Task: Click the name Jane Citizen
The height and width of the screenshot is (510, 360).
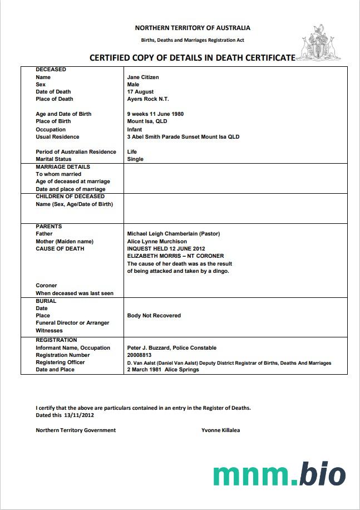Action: [143, 77]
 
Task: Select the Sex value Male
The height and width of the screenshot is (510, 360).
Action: [133, 85]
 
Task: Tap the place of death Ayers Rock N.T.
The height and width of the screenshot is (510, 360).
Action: [148, 99]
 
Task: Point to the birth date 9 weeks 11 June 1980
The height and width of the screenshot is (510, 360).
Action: [155, 114]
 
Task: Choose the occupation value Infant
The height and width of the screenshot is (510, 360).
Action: [135, 129]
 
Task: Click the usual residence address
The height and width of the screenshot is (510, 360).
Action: [183, 137]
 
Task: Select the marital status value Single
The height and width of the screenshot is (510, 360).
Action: [135, 159]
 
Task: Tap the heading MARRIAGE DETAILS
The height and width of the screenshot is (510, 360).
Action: [63, 167]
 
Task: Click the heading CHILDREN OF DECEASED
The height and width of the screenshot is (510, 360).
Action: [70, 197]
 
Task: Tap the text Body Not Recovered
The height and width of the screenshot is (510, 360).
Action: [154, 316]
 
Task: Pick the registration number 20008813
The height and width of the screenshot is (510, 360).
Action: [140, 355]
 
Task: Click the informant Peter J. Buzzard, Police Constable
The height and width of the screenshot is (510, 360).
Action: [172, 348]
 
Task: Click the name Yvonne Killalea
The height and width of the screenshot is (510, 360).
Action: [221, 430]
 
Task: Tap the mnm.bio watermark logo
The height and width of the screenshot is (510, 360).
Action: [279, 474]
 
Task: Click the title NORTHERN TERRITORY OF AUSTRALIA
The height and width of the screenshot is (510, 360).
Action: [193, 28]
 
